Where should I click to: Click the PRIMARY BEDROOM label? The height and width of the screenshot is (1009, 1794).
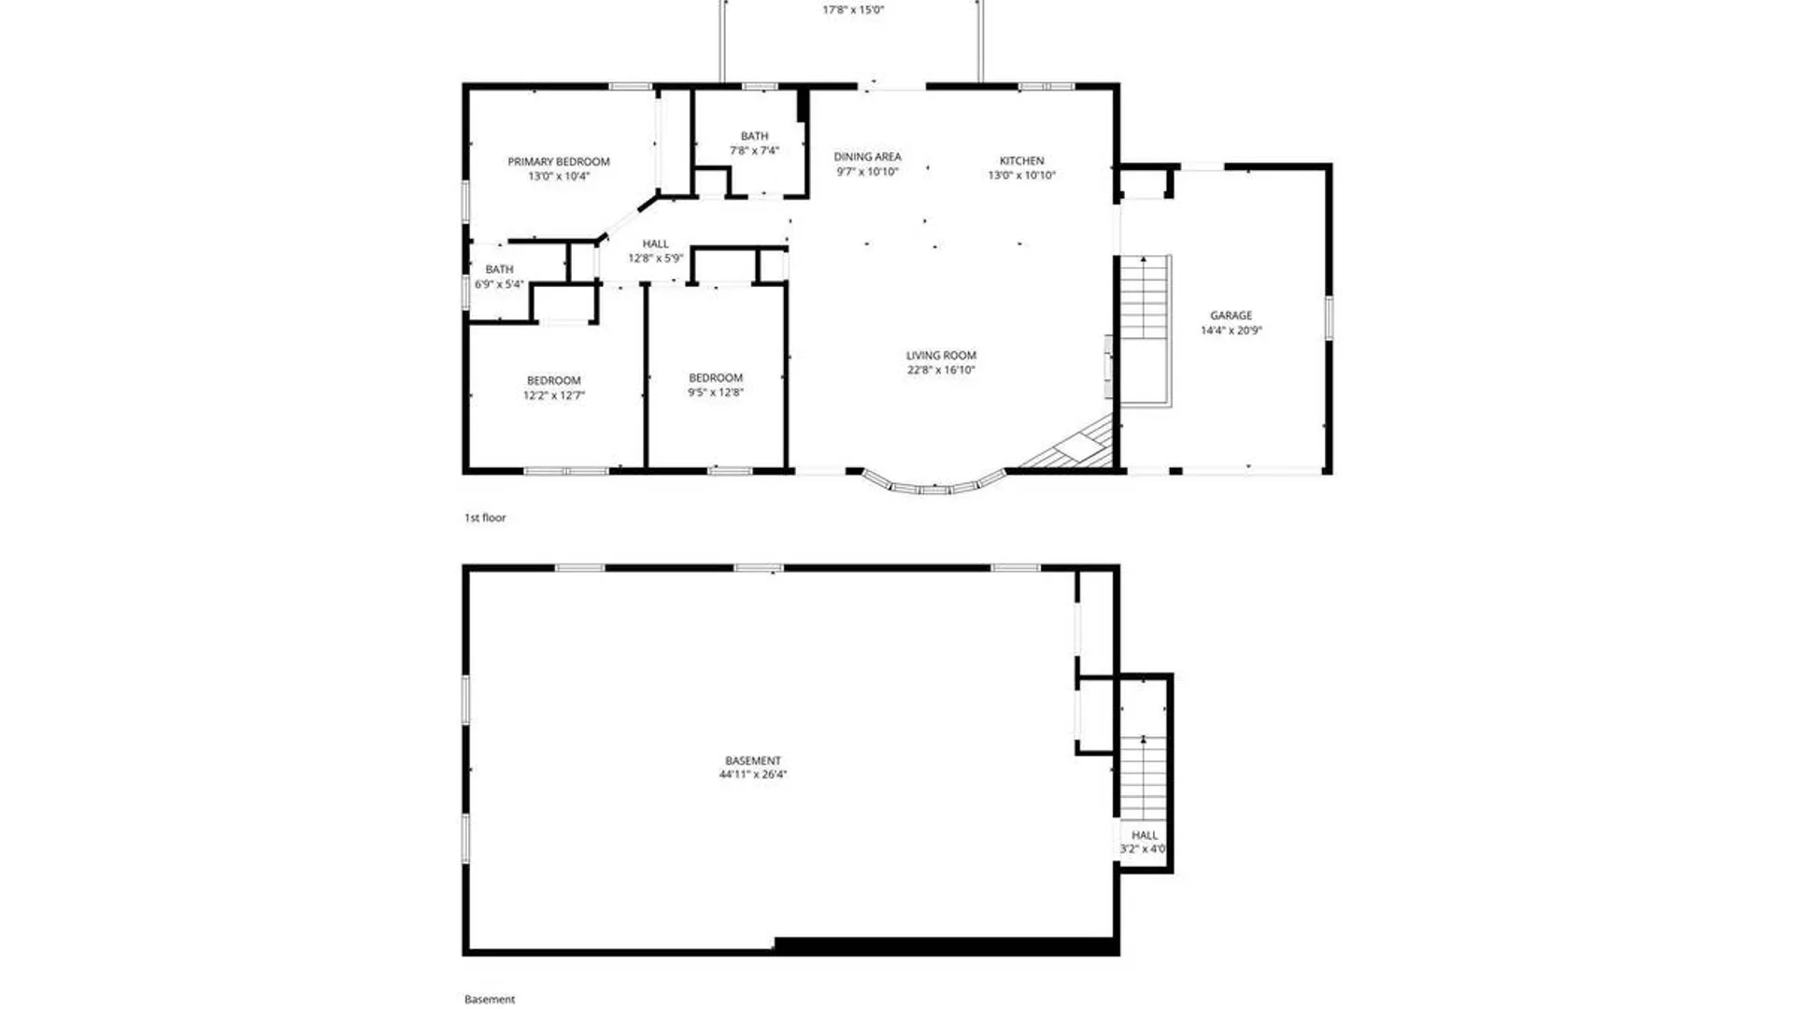coord(559,162)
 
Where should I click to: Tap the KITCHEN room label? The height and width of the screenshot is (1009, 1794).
coord(1021,161)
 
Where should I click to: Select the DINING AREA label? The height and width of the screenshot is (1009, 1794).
coord(867,157)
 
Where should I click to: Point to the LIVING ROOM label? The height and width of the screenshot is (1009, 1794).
coord(941,355)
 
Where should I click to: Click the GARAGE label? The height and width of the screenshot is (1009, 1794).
coord(1231,316)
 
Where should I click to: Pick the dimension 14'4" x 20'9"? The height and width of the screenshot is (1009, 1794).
coord(1231,331)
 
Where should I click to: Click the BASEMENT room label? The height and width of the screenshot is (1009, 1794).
coord(753,760)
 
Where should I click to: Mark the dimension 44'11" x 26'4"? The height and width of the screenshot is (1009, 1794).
coord(753,775)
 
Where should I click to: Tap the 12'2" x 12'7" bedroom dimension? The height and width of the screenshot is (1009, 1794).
coord(554,395)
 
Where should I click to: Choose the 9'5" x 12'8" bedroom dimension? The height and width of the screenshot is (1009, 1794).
coord(716,392)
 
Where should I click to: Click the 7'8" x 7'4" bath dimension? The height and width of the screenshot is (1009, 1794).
coord(754,150)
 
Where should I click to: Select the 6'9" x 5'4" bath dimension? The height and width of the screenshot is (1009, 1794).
coord(499,284)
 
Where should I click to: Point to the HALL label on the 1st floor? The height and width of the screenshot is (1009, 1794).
coord(655,244)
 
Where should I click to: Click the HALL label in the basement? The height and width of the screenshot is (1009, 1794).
coord(1145,835)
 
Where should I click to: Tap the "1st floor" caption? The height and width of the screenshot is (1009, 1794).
coord(485,518)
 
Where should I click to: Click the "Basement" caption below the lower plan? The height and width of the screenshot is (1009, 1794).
coord(490,1000)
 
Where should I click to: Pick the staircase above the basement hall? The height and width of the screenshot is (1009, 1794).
coord(1144,776)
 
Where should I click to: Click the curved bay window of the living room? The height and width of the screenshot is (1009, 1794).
coord(933,487)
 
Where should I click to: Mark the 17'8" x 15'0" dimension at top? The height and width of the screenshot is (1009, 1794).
coord(853,10)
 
